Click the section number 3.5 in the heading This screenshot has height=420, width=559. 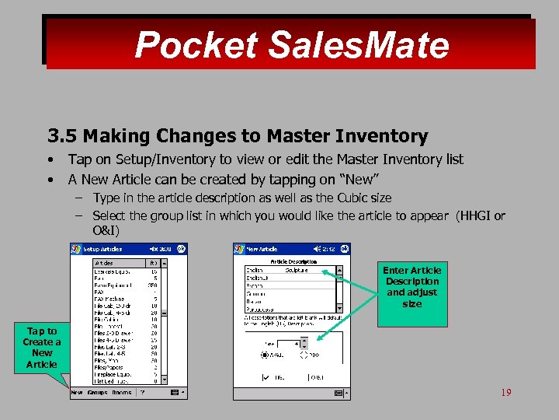point(62,137)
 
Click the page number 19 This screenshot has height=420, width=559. point(505,393)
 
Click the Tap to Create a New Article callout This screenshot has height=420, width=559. point(41,347)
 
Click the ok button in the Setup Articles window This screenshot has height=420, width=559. point(181,249)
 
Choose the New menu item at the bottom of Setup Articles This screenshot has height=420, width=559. point(77,393)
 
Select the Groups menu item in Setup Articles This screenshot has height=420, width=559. point(97,393)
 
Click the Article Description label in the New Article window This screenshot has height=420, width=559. point(293,262)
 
